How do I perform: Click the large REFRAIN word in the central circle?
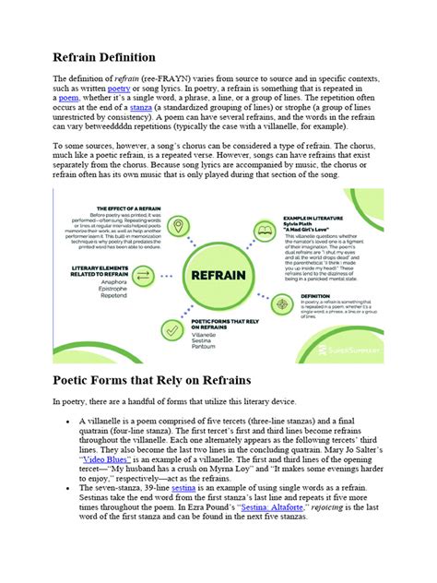218,274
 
